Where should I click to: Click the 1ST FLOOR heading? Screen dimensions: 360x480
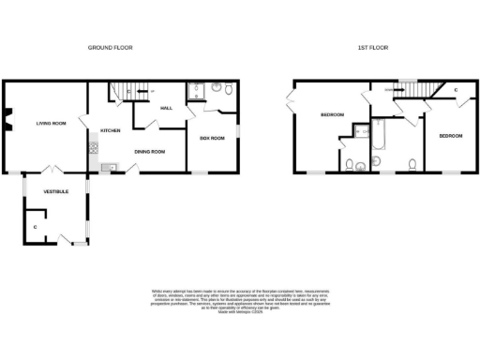pyautogui.click(x=373, y=47)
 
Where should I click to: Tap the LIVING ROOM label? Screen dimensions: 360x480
pyautogui.click(x=51, y=123)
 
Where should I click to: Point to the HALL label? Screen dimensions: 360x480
pyautogui.click(x=167, y=109)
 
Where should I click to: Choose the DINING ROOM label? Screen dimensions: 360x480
pyautogui.click(x=149, y=151)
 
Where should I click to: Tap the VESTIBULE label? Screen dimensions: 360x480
pyautogui.click(x=55, y=191)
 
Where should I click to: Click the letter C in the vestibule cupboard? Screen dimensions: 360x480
pyautogui.click(x=35, y=227)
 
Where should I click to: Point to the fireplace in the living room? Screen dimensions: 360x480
pyautogui.click(x=7, y=119)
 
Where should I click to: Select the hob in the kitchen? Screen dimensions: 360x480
pyautogui.click(x=94, y=147)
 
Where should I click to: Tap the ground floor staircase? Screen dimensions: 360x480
pyautogui.click(x=121, y=91)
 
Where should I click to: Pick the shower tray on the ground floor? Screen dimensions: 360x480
pyautogui.click(x=196, y=91)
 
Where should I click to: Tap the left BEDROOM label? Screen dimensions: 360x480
pyautogui.click(x=333, y=115)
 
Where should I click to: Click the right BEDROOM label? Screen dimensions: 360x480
pyautogui.click(x=450, y=136)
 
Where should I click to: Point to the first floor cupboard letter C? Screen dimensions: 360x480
pyautogui.click(x=455, y=89)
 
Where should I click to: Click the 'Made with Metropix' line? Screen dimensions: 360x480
pyautogui.click(x=239, y=312)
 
